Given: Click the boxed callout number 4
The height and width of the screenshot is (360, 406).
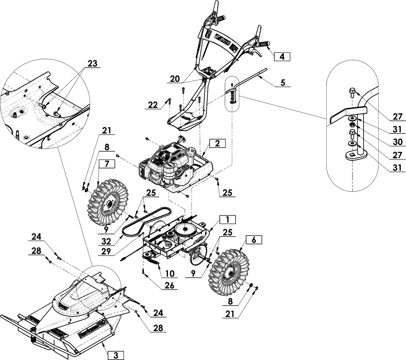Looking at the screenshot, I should (282, 57).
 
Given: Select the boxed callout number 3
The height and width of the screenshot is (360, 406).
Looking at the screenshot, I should (116, 355).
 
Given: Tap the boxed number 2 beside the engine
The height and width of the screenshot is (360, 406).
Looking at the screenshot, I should (217, 143).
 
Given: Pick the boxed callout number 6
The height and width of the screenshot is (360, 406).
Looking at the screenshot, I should (253, 240).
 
